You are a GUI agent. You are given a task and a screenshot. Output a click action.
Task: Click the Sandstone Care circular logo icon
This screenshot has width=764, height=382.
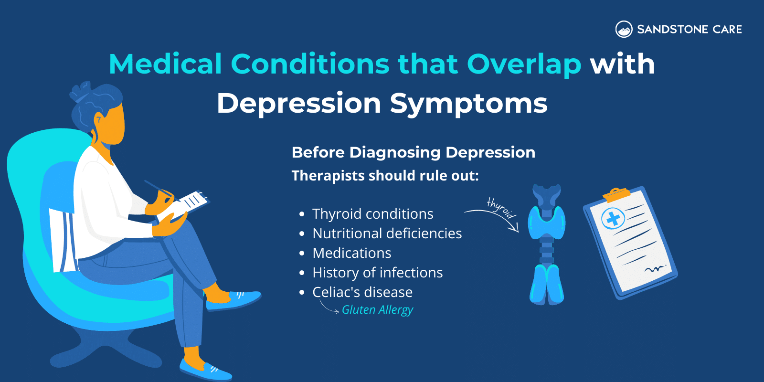(624, 29)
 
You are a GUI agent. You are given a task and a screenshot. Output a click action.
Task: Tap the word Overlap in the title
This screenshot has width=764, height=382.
(524, 64)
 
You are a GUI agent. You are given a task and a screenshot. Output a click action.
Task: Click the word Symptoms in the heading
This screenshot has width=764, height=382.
(468, 104)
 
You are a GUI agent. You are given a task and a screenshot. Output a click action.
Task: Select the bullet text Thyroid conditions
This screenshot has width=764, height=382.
(372, 214)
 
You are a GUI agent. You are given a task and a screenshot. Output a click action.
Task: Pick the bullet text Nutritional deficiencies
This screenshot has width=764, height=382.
(387, 233)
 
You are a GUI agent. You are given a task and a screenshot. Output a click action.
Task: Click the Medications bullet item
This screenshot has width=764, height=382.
(351, 253)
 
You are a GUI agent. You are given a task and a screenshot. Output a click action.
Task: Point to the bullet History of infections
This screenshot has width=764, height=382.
(377, 273)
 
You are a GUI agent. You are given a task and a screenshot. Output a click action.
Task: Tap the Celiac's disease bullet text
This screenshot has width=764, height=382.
(362, 292)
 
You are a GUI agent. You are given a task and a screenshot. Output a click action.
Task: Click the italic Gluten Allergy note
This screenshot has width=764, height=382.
(377, 310)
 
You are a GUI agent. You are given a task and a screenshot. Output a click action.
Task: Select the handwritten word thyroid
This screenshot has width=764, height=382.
(501, 208)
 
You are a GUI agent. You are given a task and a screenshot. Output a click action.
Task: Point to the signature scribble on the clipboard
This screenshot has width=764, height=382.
(654, 269)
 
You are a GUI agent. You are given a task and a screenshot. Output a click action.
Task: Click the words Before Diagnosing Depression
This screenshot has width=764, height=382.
(413, 152)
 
